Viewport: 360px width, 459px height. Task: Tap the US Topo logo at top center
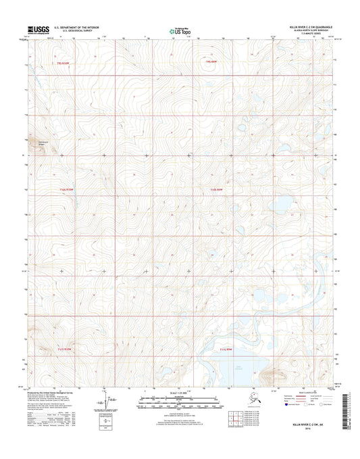(x=180, y=30)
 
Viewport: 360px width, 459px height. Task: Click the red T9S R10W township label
(x=68, y=61)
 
